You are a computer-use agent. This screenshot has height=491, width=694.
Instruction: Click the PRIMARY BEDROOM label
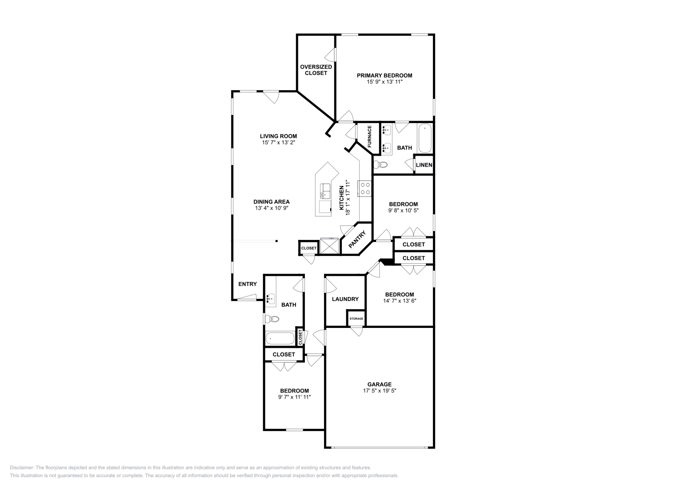384,75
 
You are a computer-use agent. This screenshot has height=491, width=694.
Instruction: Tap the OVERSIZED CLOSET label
316,70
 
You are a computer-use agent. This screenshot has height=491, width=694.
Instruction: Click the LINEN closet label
424,165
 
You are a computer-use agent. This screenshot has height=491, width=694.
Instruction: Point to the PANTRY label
357,239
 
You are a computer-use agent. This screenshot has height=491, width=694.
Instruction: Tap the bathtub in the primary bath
425,138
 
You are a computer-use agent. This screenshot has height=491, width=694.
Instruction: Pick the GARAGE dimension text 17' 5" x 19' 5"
380,390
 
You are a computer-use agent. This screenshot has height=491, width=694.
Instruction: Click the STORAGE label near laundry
356,319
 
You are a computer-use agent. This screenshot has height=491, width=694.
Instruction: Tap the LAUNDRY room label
345,299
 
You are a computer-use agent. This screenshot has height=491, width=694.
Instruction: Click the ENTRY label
247,284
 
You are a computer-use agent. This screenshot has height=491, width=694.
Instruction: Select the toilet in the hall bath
272,319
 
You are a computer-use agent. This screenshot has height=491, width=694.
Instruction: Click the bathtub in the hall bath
279,338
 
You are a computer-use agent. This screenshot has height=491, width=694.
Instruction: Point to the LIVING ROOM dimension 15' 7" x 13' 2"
278,142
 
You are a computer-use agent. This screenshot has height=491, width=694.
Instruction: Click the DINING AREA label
272,202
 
